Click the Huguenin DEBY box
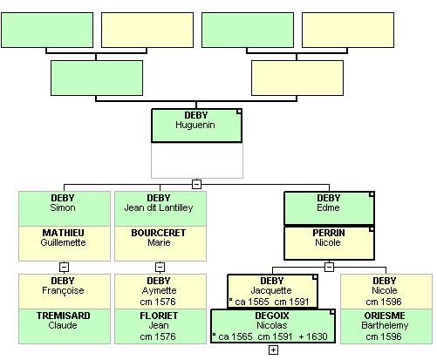tap(196, 126)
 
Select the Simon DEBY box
tap(65, 208)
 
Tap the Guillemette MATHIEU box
tap(65, 243)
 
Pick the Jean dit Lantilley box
tap(160, 208)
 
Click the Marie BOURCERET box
tap(160, 243)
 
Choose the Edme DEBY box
tap(329, 208)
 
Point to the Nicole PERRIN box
tap(329, 243)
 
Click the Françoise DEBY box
tap(65, 291)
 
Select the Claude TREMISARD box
tap(65, 327)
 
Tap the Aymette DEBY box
tap(160, 291)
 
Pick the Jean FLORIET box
tap(160, 327)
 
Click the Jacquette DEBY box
tap(272, 291)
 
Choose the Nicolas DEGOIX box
tap(273, 326)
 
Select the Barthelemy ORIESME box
tap(386, 327)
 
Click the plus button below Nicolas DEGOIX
tap(273, 350)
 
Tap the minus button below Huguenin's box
tap(197, 184)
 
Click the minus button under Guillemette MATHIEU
tap(64, 267)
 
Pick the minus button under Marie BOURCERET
tap(160, 267)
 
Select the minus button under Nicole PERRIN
tap(329, 267)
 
